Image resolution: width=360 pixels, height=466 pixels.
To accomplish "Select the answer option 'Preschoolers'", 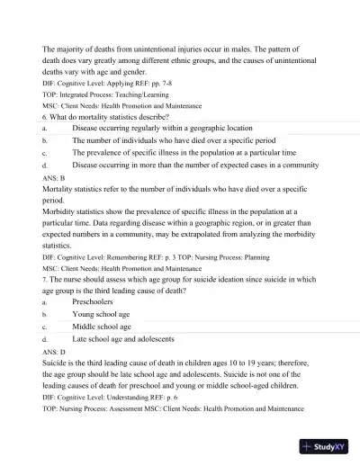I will tap(94, 303).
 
